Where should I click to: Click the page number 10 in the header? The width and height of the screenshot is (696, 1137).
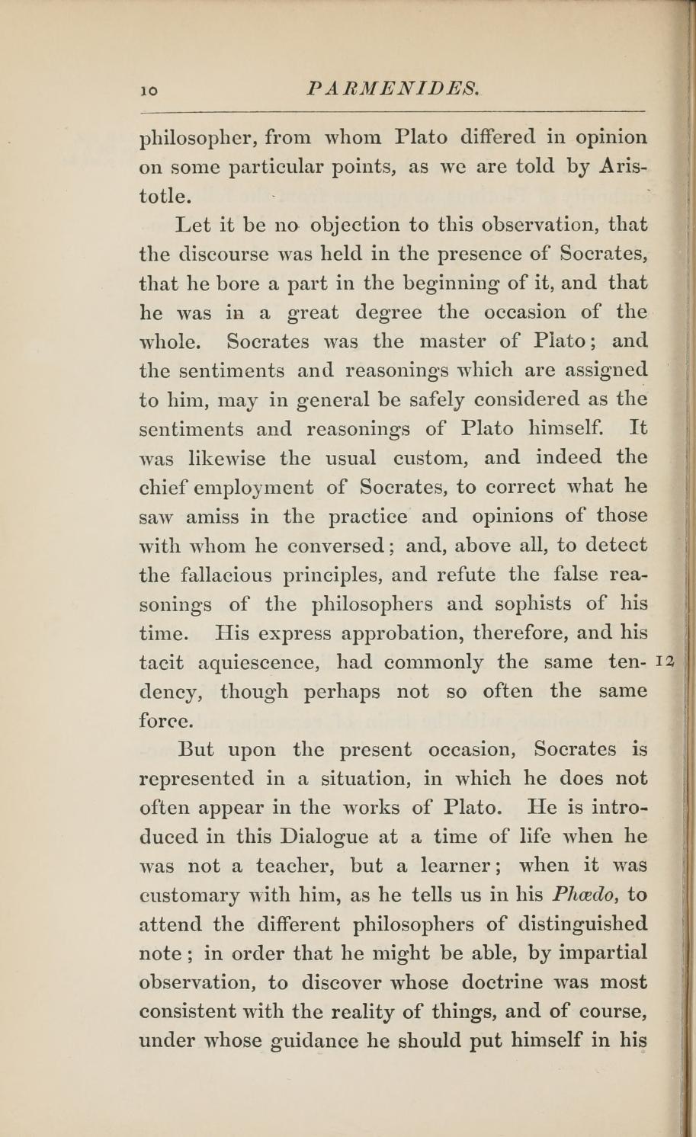pos(149,90)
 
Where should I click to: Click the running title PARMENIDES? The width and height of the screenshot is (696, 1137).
pos(393,88)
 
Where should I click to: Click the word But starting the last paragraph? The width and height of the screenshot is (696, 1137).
pos(197,749)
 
